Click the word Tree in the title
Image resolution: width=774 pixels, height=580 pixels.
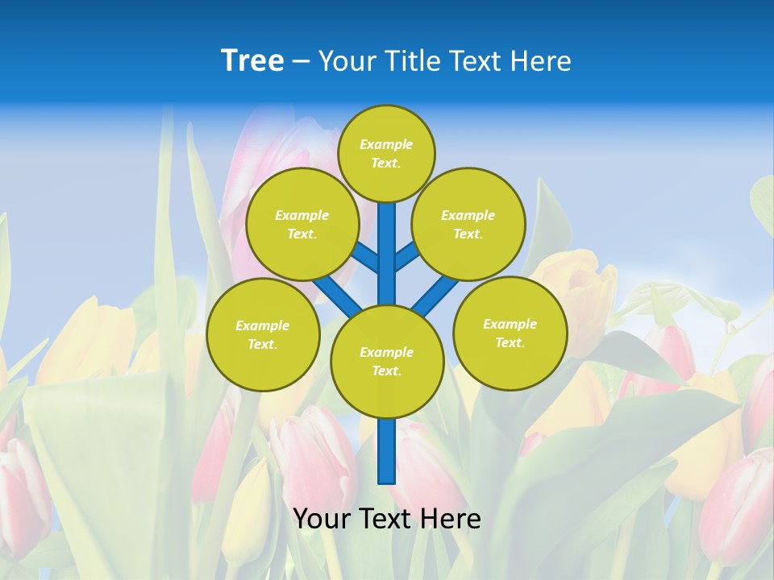coord(252,61)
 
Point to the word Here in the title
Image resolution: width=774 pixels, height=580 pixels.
coord(540,61)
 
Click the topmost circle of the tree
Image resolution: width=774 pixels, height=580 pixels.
coord(386,153)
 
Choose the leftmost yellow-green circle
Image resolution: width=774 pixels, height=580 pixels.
coord(263,334)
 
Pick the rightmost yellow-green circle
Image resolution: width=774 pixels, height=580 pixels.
coord(510,333)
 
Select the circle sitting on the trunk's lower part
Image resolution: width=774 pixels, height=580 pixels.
coord(387,362)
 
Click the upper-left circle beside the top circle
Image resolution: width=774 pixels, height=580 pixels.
coord(302,224)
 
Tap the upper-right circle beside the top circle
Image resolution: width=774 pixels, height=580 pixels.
coord(468,224)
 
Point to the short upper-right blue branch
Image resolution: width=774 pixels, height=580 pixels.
coord(406,256)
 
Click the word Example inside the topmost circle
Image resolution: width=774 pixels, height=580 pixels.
coord(386,144)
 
